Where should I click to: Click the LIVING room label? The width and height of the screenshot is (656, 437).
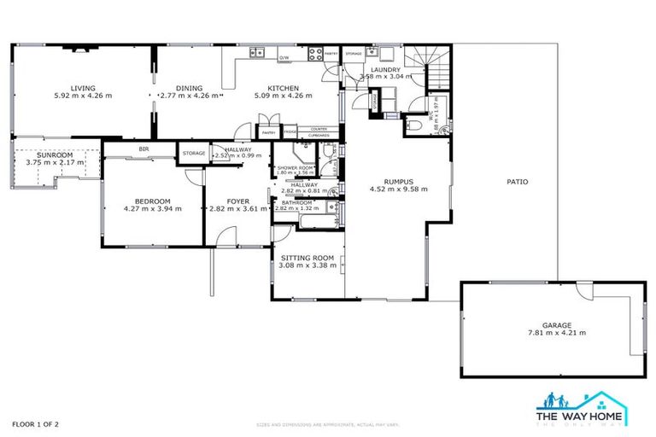click(83, 88)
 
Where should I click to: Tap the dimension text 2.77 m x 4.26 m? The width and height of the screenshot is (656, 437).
click(190, 96)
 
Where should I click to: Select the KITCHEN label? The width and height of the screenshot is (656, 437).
click(283, 88)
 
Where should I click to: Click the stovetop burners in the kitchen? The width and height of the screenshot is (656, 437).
click(313, 53)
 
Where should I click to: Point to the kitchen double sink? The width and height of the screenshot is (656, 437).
click(258, 53)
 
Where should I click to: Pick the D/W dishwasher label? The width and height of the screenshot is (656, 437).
click(284, 58)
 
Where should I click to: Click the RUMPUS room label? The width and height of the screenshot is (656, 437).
click(398, 181)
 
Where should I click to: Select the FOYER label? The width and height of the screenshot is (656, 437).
click(238, 201)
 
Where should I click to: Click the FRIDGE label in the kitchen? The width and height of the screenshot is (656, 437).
click(290, 132)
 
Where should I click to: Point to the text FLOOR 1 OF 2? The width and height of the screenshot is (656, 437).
click(35, 423)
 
